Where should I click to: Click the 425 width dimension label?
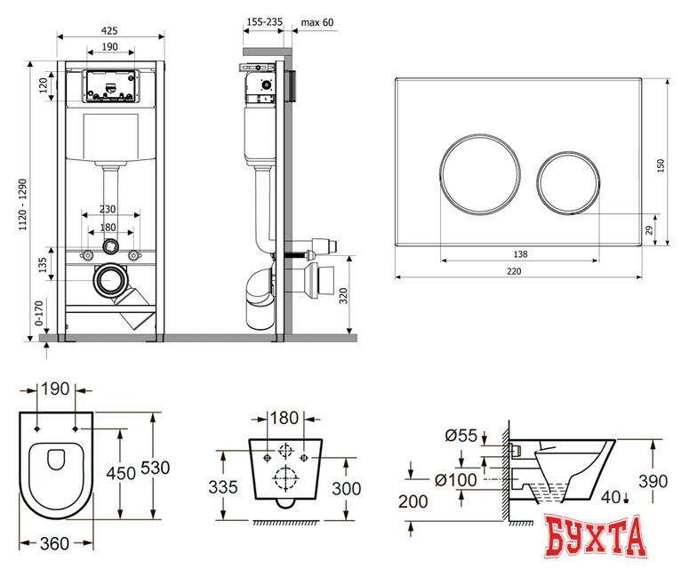(109, 30)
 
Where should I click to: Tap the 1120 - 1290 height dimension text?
(23, 204)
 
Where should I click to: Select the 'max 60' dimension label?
(317, 22)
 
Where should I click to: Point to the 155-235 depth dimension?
(265, 21)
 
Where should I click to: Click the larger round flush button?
(480, 174)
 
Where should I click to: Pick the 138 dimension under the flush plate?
(520, 254)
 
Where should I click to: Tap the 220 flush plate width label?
(514, 271)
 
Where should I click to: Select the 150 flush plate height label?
(660, 165)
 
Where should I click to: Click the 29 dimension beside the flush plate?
(649, 229)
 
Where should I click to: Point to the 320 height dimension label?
(343, 296)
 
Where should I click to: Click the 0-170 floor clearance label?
(39, 313)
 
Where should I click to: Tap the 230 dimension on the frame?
(108, 209)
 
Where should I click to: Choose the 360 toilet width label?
(54, 544)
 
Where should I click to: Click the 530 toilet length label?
(155, 468)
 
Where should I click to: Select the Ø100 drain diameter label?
(456, 480)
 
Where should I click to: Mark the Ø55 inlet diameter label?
(461, 436)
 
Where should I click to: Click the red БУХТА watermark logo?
(596, 537)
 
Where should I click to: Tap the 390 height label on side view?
(653, 482)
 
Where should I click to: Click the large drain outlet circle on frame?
(108, 280)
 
